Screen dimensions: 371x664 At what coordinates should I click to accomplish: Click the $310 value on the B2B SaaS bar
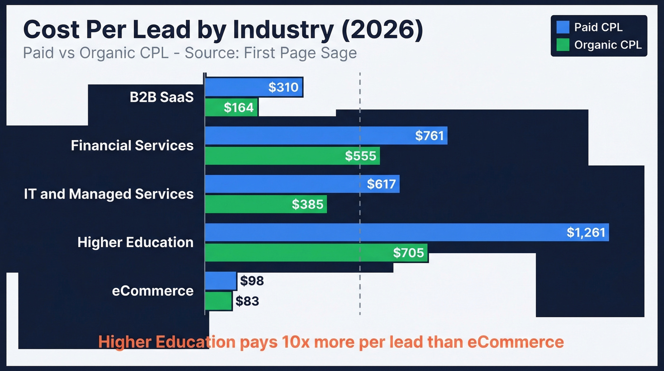coord(283,87)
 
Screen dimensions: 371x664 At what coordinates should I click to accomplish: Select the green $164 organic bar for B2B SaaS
coord(231,108)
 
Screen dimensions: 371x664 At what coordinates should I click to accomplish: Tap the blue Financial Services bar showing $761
coord(325,135)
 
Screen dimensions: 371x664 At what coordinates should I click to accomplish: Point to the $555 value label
coord(360,156)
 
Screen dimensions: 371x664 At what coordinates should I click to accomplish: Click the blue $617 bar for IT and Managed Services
coord(302,184)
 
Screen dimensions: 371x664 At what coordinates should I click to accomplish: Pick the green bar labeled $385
coord(265,204)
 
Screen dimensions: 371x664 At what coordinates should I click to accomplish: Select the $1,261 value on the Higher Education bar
coord(586,232)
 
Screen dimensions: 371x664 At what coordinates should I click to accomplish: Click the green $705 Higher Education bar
coord(316,253)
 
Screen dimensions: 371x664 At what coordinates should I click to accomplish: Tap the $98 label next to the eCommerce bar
coord(252,281)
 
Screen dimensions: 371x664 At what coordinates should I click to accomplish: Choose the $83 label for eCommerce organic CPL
coord(247,301)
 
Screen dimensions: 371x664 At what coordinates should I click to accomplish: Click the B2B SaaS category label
coord(162,97)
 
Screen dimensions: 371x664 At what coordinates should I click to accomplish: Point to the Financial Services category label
coord(132,145)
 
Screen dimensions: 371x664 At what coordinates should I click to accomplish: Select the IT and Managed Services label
coord(109,194)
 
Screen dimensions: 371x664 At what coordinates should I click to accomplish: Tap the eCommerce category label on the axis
coord(153,291)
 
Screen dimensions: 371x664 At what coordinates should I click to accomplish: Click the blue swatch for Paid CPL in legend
coord(563,27)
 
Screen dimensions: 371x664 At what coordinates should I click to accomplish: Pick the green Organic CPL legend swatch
coord(563,45)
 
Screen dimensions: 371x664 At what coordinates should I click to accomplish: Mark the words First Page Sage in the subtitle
coord(300,53)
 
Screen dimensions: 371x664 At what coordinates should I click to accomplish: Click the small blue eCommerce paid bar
coord(221,281)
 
